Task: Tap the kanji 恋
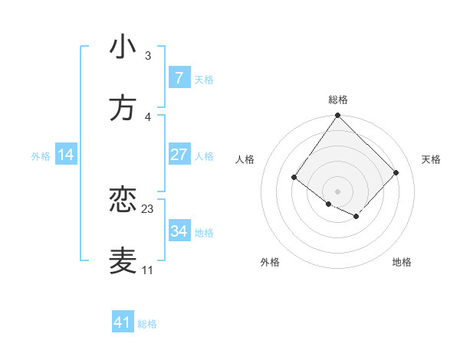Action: point(123,200)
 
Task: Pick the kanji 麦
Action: point(123,260)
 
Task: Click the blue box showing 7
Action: point(179,77)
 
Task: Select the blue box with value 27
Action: point(179,155)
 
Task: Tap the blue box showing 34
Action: point(179,231)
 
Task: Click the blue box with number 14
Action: point(66,155)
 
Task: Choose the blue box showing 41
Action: point(123,322)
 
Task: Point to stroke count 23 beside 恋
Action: point(148,208)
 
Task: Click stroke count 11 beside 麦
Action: point(147,270)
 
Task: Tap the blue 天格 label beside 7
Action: point(204,80)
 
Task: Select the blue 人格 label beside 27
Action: point(204,156)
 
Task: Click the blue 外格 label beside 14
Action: point(41,156)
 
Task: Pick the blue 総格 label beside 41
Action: point(147,324)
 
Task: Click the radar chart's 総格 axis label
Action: point(337,100)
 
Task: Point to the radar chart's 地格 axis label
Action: point(402,263)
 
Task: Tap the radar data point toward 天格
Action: point(396,172)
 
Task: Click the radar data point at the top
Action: point(337,116)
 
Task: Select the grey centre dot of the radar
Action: point(337,191)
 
